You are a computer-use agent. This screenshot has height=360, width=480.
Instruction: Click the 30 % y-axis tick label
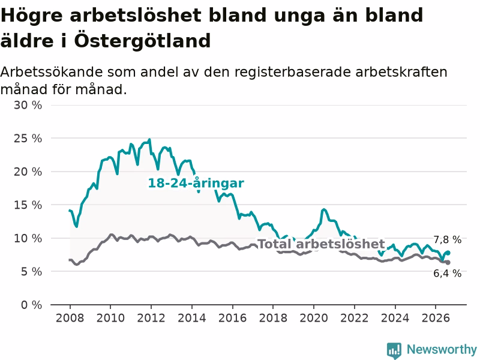tap(28, 106)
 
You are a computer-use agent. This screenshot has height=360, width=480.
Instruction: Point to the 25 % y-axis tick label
tap(28, 139)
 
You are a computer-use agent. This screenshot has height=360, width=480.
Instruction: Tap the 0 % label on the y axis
tap(32, 305)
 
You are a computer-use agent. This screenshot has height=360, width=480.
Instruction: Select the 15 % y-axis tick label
tap(28, 205)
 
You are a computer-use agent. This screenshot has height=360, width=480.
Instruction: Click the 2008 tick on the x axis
tap(70, 318)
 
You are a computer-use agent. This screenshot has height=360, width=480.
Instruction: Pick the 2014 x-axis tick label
tap(191, 318)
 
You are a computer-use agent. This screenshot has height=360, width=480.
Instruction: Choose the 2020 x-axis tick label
tap(313, 318)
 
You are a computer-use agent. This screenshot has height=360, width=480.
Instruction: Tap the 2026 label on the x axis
tap(436, 318)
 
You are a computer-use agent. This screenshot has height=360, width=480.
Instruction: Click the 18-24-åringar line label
tap(196, 183)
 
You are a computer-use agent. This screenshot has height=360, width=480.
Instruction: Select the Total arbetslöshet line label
tap(321, 244)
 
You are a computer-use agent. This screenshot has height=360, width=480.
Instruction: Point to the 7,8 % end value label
tap(447, 239)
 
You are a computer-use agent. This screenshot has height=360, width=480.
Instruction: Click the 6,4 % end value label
tap(447, 274)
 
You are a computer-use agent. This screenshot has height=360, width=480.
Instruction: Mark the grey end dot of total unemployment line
tap(448, 263)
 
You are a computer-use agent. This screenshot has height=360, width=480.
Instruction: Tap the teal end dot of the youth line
tap(448, 253)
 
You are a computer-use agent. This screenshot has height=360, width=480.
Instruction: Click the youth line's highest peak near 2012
tap(149, 140)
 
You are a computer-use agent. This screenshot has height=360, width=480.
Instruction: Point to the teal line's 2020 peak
tap(324, 209)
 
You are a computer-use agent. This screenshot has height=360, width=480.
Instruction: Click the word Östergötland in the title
tap(142, 41)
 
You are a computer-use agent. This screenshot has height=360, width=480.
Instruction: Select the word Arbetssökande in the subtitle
tap(52, 72)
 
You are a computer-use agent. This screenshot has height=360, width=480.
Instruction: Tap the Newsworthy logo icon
tap(394, 350)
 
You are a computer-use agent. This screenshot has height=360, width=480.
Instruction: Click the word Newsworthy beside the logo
tap(442, 349)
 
